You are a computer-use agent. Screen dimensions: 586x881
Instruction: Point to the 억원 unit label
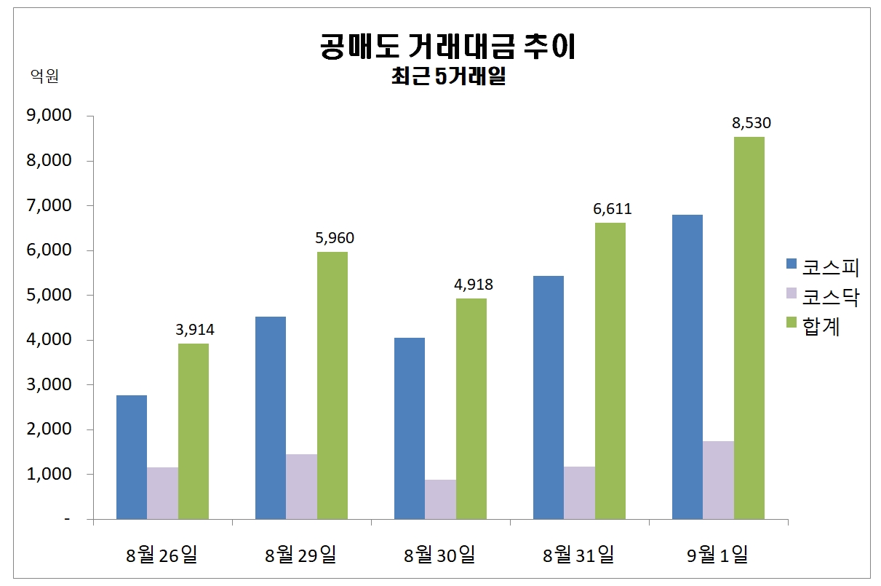(44, 76)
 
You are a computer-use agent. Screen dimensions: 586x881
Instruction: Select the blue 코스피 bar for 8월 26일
(132, 457)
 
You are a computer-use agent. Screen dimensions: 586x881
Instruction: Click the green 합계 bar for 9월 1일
(749, 328)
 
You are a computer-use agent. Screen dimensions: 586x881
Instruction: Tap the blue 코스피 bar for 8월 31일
(549, 397)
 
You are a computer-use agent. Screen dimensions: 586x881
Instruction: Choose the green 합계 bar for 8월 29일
(332, 385)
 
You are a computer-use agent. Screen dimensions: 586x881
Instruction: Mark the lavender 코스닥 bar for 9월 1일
(718, 480)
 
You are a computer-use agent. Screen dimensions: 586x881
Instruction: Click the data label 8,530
(752, 123)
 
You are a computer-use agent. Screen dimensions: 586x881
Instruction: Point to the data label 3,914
(195, 330)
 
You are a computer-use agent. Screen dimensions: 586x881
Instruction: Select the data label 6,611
(612, 209)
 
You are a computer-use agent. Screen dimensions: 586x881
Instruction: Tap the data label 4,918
(473, 285)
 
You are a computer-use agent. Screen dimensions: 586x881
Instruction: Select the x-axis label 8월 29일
(301, 555)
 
